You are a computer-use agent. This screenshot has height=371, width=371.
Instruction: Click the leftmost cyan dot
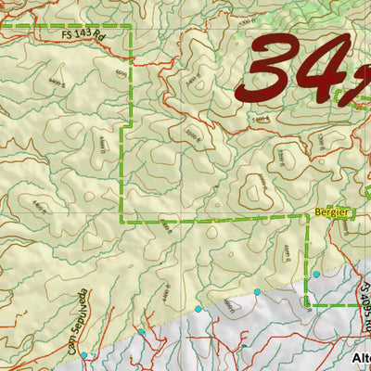pos(84,355)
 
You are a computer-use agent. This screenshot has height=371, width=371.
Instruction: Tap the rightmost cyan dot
pos(316,275)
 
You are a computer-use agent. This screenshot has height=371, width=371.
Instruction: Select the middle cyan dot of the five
pos(198,308)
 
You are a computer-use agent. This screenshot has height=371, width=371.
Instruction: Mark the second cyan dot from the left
pos(142,331)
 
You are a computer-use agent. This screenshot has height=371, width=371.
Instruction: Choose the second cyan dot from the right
pos(258,292)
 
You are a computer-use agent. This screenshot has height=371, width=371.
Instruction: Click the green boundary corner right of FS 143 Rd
pos(129,27)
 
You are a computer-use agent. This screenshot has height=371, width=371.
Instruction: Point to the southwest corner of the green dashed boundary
pos(122,221)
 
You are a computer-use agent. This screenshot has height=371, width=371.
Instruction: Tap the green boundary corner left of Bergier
pos(306,215)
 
